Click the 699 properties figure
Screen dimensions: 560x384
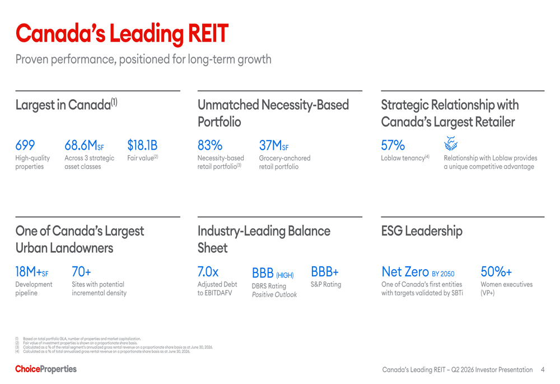coord(25,145)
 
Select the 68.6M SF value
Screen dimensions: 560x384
coord(85,145)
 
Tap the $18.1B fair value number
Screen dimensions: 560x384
coord(142,145)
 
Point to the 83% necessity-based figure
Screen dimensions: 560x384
coord(210,145)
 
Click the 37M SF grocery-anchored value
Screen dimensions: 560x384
coord(274,145)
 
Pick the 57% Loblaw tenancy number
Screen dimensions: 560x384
coord(393,145)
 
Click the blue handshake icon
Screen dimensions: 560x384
coord(451,144)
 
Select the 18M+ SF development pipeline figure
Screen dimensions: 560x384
coord(32,272)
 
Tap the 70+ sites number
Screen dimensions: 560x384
coord(81,272)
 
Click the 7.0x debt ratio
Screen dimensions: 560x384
coord(208,272)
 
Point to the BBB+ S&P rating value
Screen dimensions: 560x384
coord(325,272)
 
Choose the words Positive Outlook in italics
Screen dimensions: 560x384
coord(274,295)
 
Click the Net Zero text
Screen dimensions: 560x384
coord(405,272)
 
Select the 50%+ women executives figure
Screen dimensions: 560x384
coord(496,272)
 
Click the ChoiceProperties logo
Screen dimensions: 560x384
coord(46,369)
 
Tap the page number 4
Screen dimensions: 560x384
coord(543,369)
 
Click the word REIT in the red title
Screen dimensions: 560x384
coord(208,34)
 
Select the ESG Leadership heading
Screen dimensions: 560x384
coord(422,231)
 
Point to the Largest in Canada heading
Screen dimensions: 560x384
coord(67,105)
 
